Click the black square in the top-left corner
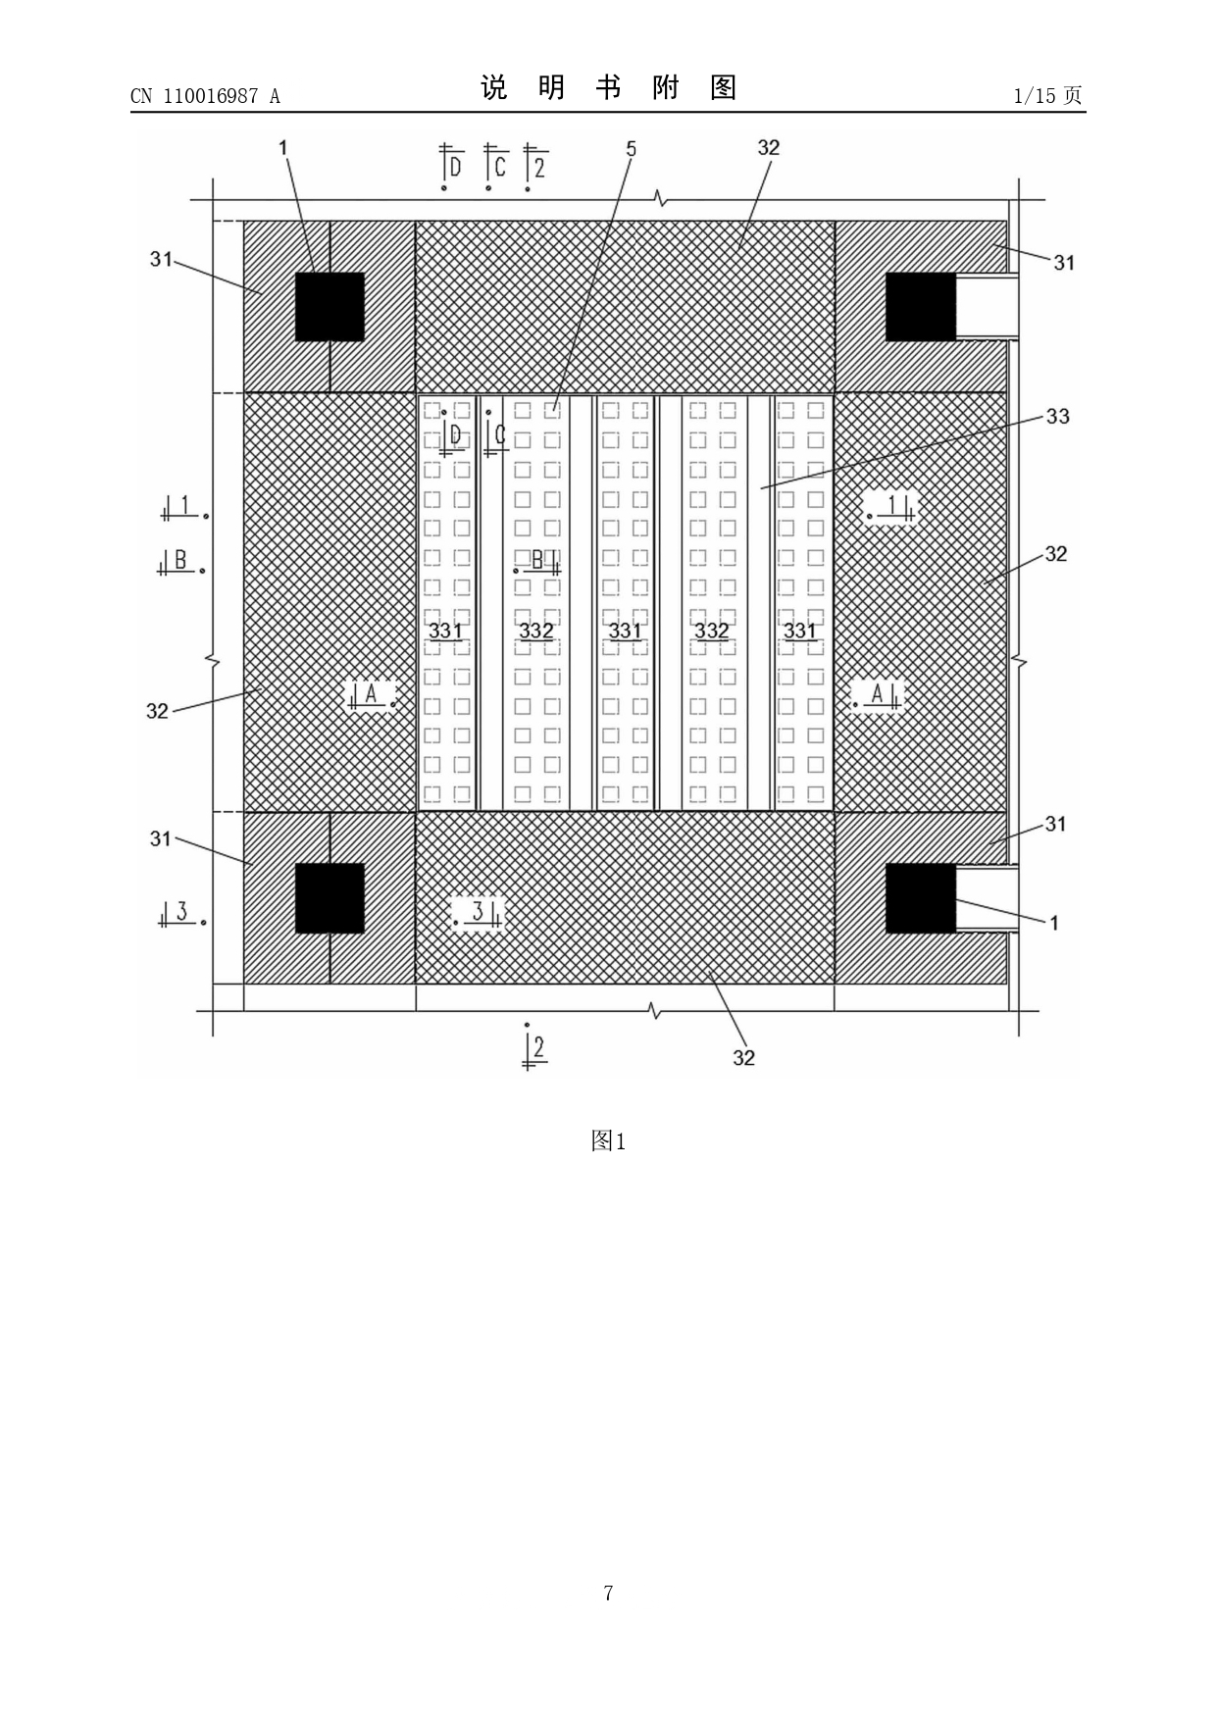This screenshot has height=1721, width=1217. (x=330, y=307)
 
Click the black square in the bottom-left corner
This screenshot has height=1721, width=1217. (x=330, y=898)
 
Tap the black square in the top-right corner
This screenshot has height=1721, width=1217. (x=921, y=307)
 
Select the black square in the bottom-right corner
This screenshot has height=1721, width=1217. (x=921, y=898)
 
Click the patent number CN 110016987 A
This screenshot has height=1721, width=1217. (x=205, y=96)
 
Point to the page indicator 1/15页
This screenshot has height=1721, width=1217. (x=1048, y=95)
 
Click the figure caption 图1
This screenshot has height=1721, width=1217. (x=608, y=1140)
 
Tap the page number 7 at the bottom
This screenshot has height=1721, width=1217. (x=608, y=1593)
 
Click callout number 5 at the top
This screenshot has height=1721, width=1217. (x=632, y=148)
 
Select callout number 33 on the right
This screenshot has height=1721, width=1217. (x=1057, y=416)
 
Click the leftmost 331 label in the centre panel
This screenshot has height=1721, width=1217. (x=445, y=630)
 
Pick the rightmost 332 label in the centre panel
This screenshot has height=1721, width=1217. (x=711, y=630)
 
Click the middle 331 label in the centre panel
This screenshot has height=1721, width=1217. (x=625, y=630)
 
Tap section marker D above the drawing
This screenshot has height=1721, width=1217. (x=452, y=167)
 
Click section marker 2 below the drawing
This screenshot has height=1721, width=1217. (x=534, y=1047)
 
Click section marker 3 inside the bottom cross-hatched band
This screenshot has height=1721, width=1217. (x=479, y=913)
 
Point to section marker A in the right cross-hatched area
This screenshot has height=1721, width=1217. (x=877, y=694)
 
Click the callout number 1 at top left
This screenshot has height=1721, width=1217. (x=283, y=147)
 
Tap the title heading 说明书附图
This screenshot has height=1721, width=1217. (x=608, y=88)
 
